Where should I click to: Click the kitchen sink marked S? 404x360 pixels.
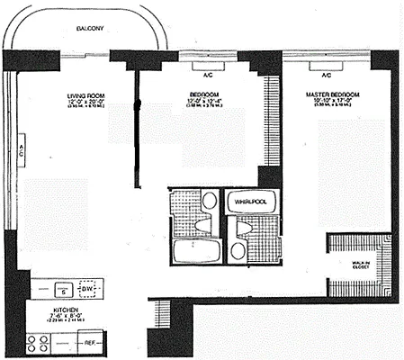point(63,290)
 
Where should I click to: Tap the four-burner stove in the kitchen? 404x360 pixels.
point(40,342)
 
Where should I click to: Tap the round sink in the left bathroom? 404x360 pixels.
point(209,201)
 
